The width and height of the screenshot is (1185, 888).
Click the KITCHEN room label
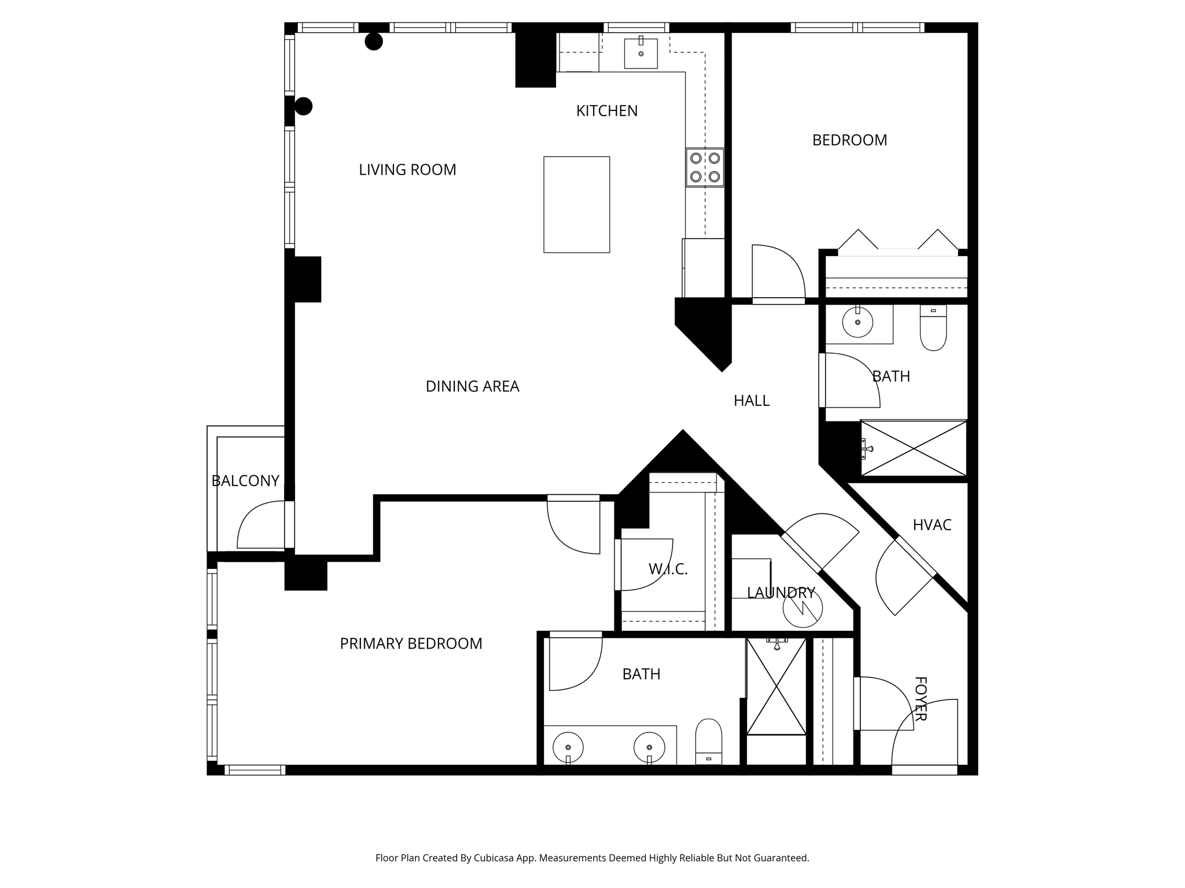606,110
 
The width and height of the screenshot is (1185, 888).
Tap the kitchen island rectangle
576,204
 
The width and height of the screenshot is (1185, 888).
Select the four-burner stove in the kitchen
705,167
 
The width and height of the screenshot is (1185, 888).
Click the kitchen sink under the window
641,53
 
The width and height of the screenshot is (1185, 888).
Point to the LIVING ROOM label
407,169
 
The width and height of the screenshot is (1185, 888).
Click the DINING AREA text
472,386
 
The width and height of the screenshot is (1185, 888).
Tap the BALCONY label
245,480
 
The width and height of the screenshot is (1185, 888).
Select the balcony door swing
260,525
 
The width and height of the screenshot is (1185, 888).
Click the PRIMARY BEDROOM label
411,643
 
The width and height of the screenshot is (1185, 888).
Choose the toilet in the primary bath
708,741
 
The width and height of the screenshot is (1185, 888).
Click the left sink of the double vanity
568,747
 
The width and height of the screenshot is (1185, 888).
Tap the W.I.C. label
668,569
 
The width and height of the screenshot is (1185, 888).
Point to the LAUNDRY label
781,593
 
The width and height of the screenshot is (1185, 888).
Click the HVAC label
932,525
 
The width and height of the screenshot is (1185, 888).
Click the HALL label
751,401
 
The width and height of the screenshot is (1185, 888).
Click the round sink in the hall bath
857,322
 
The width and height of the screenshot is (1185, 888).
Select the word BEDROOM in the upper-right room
849,140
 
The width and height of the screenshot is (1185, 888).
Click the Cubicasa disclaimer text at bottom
592,858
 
